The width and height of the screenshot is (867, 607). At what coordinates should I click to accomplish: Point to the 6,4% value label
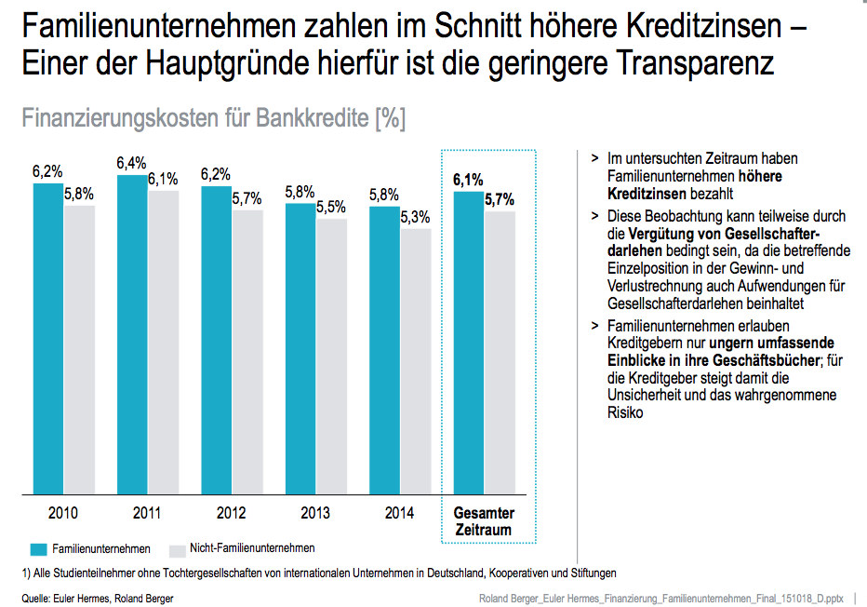[131, 164]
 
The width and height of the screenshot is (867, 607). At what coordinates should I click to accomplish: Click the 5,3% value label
[416, 217]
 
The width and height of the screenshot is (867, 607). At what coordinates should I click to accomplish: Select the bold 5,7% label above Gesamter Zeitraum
[500, 199]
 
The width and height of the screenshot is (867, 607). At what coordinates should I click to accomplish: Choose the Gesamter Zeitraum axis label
[484, 521]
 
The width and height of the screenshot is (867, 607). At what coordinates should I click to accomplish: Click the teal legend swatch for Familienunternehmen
[38, 549]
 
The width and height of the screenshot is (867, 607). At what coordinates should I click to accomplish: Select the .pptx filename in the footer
[661, 598]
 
